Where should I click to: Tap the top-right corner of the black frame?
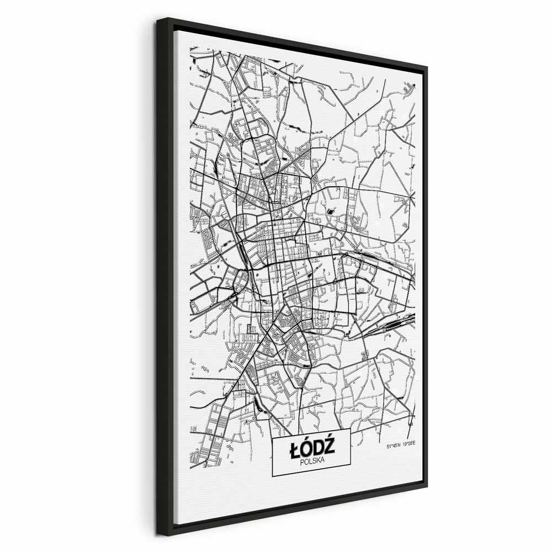[428, 65]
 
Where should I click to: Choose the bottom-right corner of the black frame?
[428, 497]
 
